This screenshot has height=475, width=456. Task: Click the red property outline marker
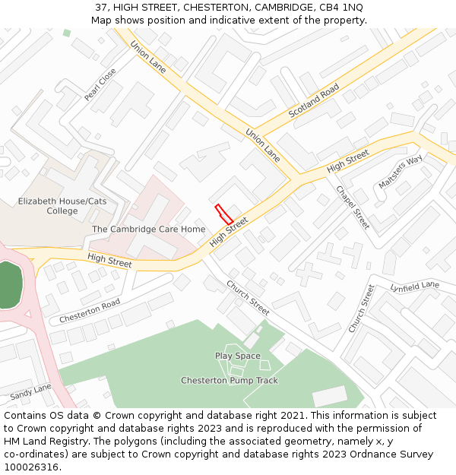tap(223, 214)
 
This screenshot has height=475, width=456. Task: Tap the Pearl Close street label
tap(100, 84)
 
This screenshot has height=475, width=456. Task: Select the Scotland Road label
tap(313, 101)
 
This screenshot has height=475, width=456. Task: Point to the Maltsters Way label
tap(400, 173)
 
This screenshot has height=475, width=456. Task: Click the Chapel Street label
tap(353, 207)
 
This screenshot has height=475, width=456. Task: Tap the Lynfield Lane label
tap(415, 287)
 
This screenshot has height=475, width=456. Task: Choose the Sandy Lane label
tap(31, 392)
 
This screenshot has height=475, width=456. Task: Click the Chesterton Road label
tap(90, 310)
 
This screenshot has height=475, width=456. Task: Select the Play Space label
tap(237, 356)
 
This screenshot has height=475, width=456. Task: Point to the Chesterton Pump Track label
tap(230, 380)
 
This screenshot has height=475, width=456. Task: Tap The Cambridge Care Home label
tap(148, 229)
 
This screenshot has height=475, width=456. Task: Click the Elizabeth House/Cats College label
tap(62, 206)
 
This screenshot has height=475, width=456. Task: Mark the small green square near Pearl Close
tap(67, 33)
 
